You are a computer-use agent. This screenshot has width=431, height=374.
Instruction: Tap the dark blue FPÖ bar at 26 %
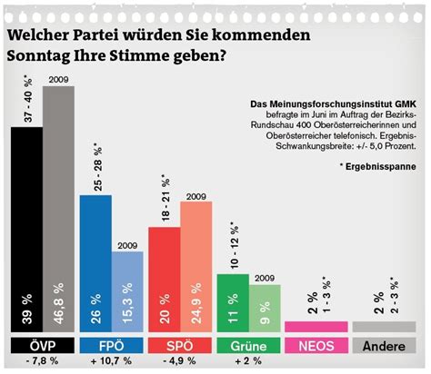pyautogui.click(x=95, y=263)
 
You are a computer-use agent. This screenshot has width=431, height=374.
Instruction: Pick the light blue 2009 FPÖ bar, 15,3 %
pyautogui.click(x=128, y=291)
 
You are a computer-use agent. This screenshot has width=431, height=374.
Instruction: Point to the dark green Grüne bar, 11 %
pyautogui.click(x=233, y=303)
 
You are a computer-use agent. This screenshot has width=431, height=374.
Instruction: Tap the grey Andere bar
pyautogui.click(x=386, y=326)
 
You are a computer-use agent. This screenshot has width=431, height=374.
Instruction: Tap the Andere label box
pyautogui.click(x=386, y=346)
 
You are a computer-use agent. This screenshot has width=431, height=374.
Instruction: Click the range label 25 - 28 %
pyautogui.click(x=95, y=164)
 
